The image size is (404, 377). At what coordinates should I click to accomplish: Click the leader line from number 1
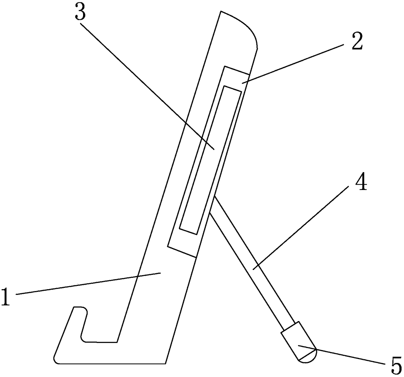tap(88, 284)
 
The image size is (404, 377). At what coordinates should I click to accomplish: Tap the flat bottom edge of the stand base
tap(111, 363)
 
